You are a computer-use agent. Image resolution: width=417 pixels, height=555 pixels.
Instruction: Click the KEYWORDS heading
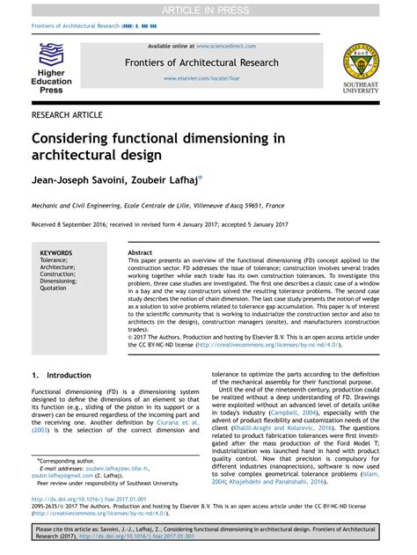(55, 253)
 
